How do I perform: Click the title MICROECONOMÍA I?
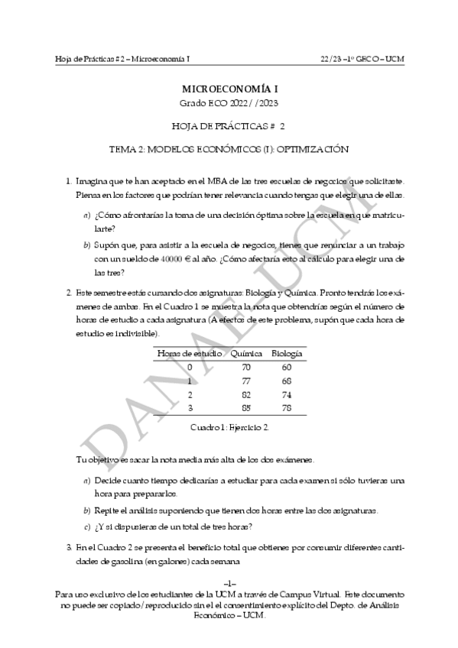229,89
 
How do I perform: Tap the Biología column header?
287,354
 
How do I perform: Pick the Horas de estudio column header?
190,354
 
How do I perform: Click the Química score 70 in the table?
245,367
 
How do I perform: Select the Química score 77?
245,380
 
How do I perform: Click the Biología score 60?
286,367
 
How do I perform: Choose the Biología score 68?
286,380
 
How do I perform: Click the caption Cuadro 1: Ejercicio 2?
229,426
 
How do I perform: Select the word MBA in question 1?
209,181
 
